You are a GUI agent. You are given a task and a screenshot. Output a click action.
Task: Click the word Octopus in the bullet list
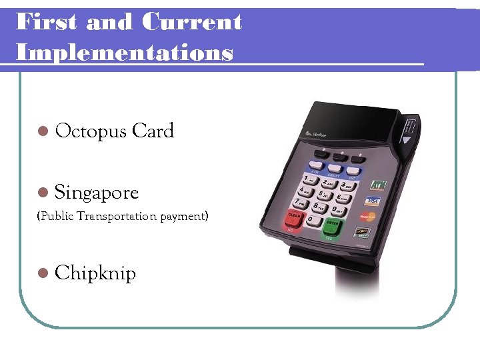pyautogui.click(x=91, y=131)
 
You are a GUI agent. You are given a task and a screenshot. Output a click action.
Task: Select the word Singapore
pyautogui.click(x=97, y=193)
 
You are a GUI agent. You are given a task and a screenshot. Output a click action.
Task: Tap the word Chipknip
pyautogui.click(x=95, y=273)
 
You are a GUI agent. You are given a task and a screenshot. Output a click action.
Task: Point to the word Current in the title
pyautogui.click(x=192, y=22)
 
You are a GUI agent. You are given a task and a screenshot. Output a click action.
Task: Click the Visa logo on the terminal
pyautogui.click(x=372, y=201)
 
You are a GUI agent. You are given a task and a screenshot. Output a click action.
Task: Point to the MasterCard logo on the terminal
pyautogui.click(x=367, y=217)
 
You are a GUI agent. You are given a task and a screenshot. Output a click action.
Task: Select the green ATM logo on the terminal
pyautogui.click(x=377, y=184)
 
